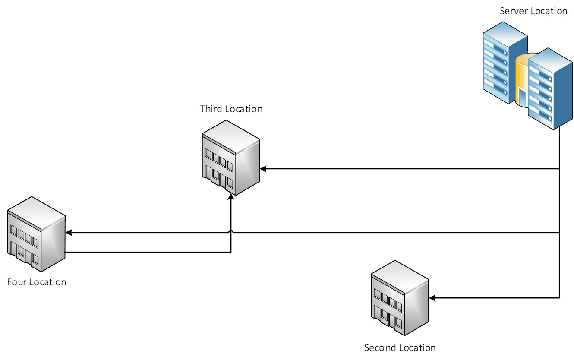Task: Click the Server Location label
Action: tap(533, 11)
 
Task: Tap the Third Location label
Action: tap(231, 109)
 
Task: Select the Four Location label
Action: tap(37, 282)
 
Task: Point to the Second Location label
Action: tap(400, 347)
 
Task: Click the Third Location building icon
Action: tap(230, 158)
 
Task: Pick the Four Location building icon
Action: tap(36, 234)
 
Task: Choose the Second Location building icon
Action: tap(400, 298)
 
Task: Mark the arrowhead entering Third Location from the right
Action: tap(263, 169)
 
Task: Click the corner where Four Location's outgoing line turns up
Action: tap(231, 252)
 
